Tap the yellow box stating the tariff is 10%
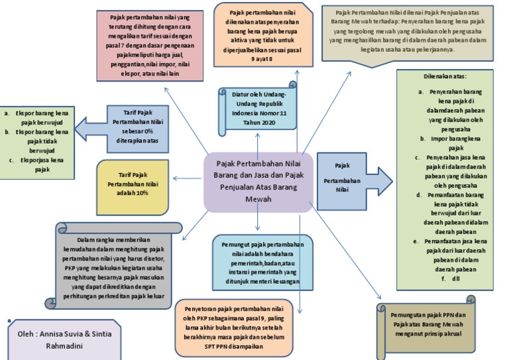click(x=133, y=187)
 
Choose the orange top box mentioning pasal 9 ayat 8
click(x=263, y=34)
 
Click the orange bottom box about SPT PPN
click(x=245, y=328)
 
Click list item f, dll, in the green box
click(x=454, y=279)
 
